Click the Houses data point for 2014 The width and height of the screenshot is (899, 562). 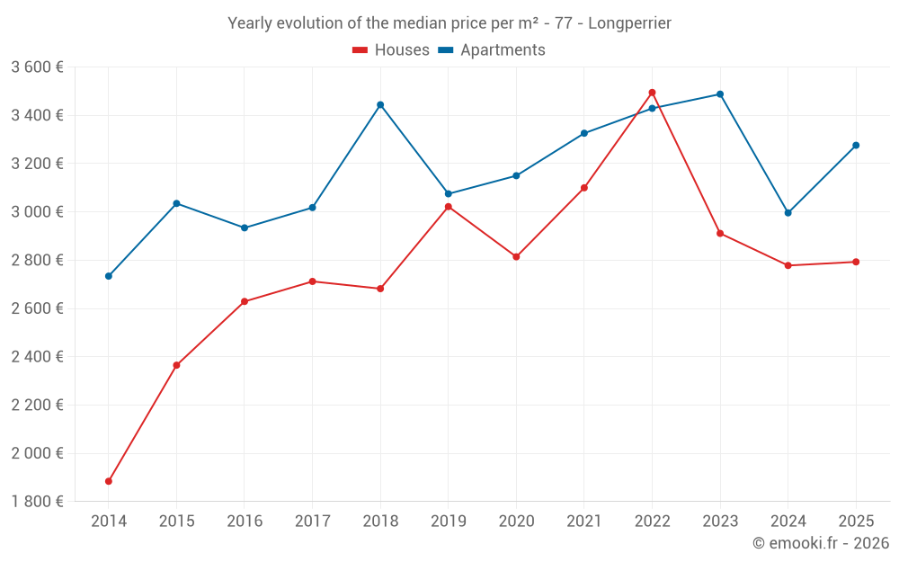(x=109, y=481)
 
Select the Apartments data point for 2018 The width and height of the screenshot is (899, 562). (x=380, y=104)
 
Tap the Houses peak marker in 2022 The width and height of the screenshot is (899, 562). (x=652, y=93)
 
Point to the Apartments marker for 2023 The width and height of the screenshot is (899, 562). (x=720, y=94)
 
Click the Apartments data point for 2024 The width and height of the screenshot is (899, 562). (x=788, y=213)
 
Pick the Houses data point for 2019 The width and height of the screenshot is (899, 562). (x=449, y=207)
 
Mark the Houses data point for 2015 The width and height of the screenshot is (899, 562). (x=176, y=365)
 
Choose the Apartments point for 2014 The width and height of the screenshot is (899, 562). (x=109, y=276)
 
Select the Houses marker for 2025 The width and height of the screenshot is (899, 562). (x=856, y=262)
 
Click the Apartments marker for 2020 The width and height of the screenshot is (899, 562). (x=516, y=175)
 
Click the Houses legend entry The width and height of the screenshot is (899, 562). (x=391, y=50)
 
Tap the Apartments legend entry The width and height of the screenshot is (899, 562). (x=492, y=50)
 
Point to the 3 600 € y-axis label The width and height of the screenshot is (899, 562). (x=37, y=67)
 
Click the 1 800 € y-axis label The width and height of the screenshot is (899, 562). (x=37, y=502)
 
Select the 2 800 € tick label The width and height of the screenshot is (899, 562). (x=37, y=261)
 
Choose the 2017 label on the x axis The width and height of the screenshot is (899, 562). (x=312, y=522)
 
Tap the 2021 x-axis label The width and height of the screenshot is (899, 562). (x=584, y=522)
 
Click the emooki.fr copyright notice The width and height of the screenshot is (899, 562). (x=820, y=543)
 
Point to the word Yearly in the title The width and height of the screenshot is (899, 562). (x=250, y=23)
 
